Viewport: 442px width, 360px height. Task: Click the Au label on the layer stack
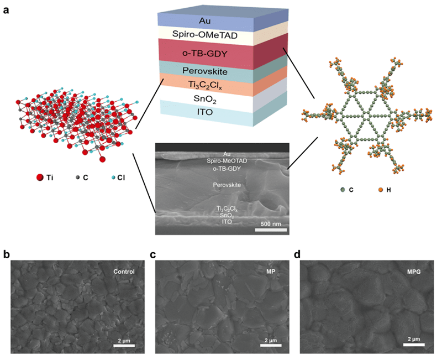pos(204,21)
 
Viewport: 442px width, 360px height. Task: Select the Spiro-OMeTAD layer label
pos(205,35)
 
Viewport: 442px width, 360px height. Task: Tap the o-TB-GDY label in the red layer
pos(204,53)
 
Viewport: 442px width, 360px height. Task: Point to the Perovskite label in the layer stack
pos(204,71)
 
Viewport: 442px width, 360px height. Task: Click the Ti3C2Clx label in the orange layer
pos(205,85)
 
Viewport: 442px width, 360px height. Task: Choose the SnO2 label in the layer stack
pos(205,99)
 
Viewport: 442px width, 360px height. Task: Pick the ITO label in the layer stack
pos(205,112)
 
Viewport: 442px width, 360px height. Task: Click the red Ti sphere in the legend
pos(40,178)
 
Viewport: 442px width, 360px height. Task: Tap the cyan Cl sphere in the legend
pos(113,178)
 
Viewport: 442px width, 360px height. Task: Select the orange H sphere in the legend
pos(380,190)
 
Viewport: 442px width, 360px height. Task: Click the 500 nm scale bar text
pos(271,224)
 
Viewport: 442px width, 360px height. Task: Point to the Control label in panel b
pos(124,272)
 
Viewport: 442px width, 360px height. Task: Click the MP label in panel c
pos(271,272)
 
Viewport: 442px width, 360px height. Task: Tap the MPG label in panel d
pos(414,272)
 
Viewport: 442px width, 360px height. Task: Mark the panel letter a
pos(6,11)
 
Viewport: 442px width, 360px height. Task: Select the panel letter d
pos(297,254)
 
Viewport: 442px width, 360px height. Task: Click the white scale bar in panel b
pos(124,346)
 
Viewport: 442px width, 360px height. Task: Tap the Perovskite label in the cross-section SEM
pos(227,185)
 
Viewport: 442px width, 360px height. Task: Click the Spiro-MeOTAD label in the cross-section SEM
pos(227,161)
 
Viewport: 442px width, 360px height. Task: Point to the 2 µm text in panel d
pos(414,339)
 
